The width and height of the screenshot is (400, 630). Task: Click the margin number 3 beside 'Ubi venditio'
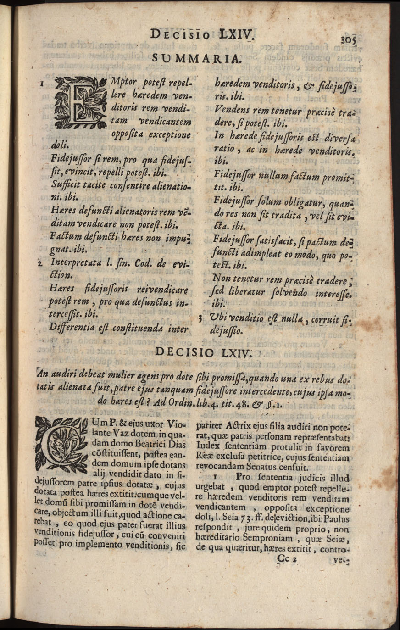click(x=200, y=317)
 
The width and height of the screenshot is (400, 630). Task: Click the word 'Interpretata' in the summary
click(x=75, y=263)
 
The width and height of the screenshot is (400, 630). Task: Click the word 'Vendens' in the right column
click(x=229, y=111)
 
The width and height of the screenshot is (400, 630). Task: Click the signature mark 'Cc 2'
click(x=288, y=558)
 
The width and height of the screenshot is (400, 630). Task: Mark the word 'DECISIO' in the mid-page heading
click(x=184, y=352)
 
